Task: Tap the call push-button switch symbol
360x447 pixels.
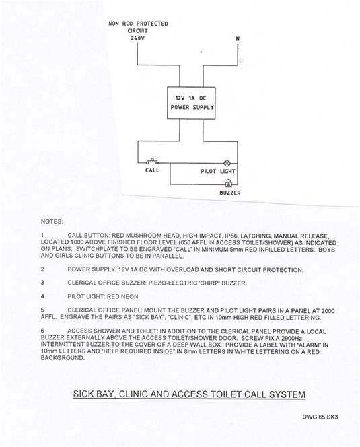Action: pos(153,162)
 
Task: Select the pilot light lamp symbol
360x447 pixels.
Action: pos(227,164)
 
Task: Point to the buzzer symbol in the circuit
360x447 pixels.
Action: pos(229,183)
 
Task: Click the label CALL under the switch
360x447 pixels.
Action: pos(152,170)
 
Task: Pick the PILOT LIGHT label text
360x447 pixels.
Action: pos(218,172)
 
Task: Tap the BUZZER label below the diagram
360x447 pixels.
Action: pos(230,193)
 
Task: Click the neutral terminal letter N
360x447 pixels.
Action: pos(238,38)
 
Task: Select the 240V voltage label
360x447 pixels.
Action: pos(137,38)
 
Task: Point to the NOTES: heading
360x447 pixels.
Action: pos(52,221)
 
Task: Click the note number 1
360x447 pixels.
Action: pos(42,236)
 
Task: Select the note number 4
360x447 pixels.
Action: pos(42,296)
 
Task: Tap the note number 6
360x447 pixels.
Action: pos(42,331)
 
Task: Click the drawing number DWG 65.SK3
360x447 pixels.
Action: pos(320,417)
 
